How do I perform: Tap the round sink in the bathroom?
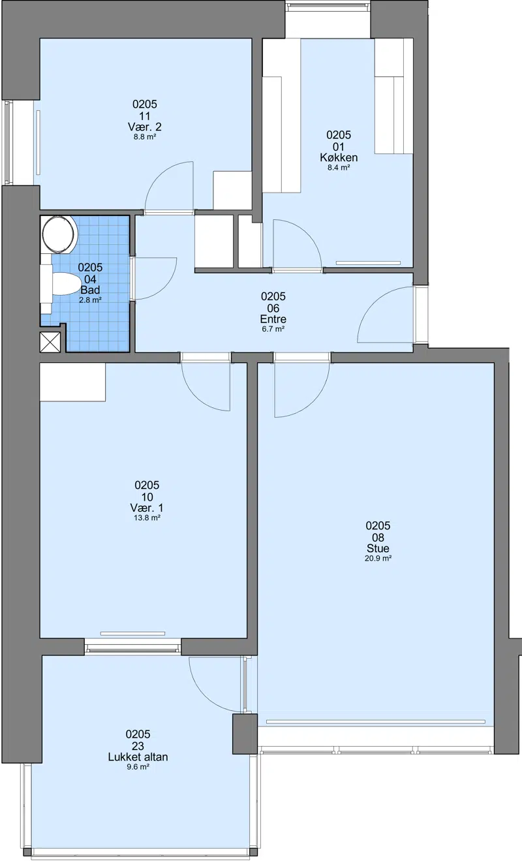click(x=58, y=234)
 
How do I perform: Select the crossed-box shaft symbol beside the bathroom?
click(x=50, y=342)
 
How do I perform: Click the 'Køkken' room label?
click(x=339, y=157)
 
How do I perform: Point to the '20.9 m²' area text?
click(x=378, y=558)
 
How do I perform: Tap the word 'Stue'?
click(x=378, y=548)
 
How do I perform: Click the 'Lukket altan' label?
click(x=138, y=757)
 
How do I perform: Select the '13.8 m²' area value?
click(x=147, y=518)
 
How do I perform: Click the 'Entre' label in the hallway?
click(x=273, y=319)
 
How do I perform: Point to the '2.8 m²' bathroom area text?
click(x=90, y=300)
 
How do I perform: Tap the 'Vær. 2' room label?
click(x=145, y=127)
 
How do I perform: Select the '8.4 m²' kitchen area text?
click(x=339, y=167)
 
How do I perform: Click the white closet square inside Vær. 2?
click(x=232, y=191)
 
